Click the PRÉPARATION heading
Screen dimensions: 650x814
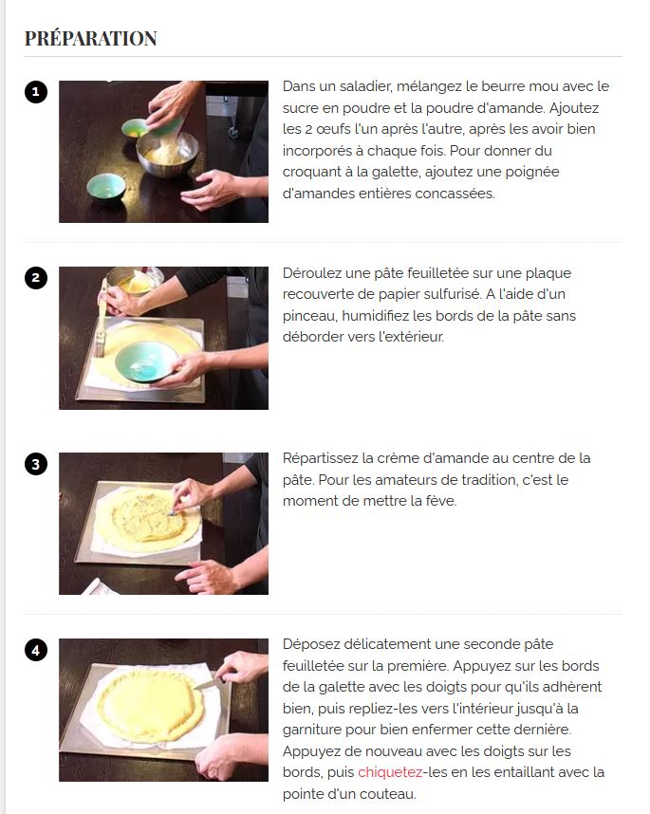[90, 38]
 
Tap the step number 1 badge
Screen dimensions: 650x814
[36, 92]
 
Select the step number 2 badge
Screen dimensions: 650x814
[36, 278]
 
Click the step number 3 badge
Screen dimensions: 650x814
[36, 464]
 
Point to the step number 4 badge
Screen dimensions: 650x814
[36, 650]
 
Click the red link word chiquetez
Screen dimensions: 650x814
[390, 772]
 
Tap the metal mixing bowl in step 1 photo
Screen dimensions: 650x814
[167, 154]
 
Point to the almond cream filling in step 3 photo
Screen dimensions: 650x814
[148, 517]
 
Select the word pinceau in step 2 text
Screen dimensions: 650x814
[307, 316]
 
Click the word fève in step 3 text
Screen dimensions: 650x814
[441, 501]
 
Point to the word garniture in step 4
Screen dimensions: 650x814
[312, 730]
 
